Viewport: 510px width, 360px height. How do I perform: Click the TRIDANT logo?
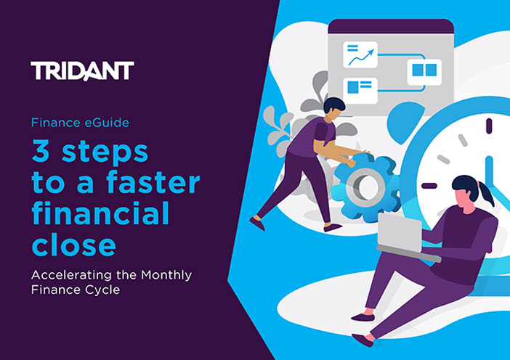[x=82, y=71]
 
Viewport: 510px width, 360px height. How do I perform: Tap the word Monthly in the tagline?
[x=166, y=276]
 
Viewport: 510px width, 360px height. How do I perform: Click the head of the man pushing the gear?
[x=333, y=109]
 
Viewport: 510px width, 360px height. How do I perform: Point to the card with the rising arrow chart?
[x=360, y=54]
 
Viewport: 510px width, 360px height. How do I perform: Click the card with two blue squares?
[x=424, y=72]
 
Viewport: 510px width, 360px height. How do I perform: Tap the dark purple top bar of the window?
[x=391, y=26]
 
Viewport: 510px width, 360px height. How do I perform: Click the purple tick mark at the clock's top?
[x=489, y=126]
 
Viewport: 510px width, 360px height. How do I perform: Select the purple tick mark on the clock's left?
[x=429, y=186]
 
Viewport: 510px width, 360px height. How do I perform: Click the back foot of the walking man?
[x=257, y=224]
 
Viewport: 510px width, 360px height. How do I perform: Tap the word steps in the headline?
[x=105, y=152]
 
